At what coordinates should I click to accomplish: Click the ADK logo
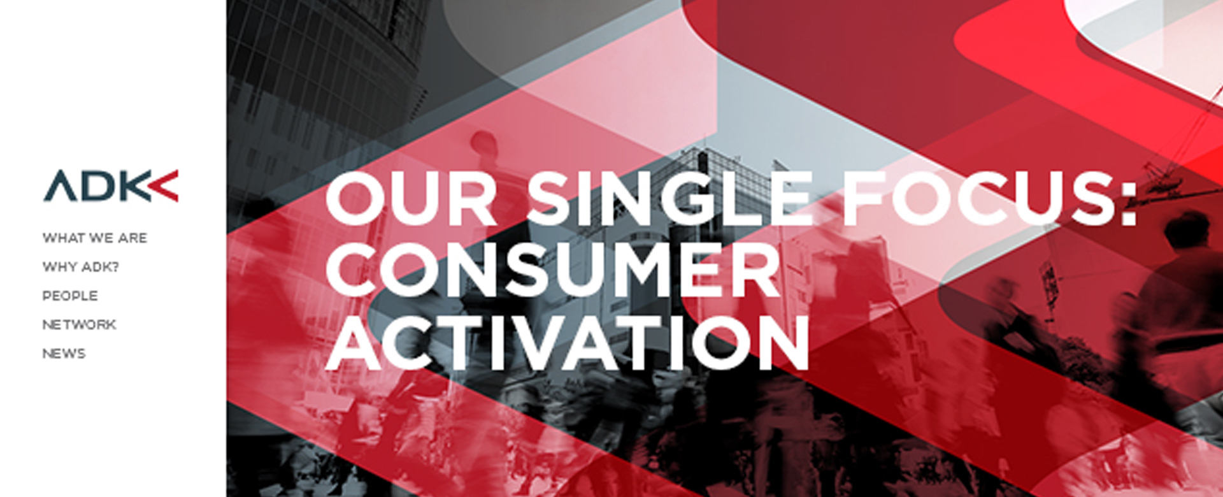111,185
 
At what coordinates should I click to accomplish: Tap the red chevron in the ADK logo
164,185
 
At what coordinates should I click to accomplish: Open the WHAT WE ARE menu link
95,238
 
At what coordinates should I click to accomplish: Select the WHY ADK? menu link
81,267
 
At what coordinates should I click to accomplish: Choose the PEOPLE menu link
70,296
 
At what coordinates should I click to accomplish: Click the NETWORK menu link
79,324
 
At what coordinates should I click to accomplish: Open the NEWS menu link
64,354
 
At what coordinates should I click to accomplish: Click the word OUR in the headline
411,198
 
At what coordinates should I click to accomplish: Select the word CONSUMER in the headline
553,270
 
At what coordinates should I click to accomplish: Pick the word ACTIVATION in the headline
567,343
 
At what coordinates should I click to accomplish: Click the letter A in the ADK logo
60,186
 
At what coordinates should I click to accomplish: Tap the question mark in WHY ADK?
115,267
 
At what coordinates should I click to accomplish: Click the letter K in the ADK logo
136,186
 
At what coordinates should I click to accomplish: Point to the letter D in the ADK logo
99,186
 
